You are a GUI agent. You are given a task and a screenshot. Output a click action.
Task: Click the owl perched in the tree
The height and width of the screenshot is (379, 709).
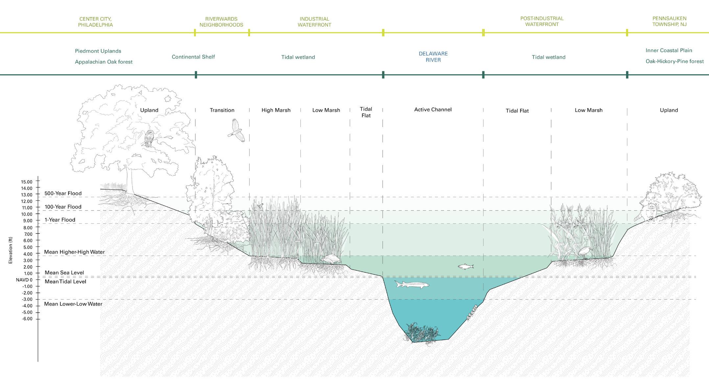(x=149, y=138)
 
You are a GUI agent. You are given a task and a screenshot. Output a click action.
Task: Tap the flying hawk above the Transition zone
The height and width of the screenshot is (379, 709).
(x=237, y=131)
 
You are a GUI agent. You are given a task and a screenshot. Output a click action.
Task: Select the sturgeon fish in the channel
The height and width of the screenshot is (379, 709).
(x=412, y=284)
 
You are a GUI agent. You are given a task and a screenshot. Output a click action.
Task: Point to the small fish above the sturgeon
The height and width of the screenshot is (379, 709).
(x=466, y=266)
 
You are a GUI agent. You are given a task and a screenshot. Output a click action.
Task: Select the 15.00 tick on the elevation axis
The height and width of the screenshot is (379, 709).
(x=27, y=182)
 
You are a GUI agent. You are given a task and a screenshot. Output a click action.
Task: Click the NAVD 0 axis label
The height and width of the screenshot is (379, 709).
(x=24, y=280)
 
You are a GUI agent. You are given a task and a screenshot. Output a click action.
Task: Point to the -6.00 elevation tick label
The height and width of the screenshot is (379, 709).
(x=27, y=319)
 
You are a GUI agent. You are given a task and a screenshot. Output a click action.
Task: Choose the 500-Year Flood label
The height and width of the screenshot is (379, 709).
(x=63, y=193)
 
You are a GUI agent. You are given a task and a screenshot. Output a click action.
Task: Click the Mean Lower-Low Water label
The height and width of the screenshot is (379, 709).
(x=73, y=304)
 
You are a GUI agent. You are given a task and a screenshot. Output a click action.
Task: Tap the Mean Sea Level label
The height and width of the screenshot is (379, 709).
(x=64, y=273)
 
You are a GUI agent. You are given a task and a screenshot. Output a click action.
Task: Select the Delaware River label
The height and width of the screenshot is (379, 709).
(x=433, y=57)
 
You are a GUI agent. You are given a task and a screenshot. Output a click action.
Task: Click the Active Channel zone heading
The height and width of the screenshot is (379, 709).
(x=433, y=110)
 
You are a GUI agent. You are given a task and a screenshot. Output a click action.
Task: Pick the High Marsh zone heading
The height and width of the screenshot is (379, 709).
(x=276, y=110)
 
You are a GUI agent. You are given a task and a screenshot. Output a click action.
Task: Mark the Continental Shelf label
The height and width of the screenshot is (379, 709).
(x=193, y=57)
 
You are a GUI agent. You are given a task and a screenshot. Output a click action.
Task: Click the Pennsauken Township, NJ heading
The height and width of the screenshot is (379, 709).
(x=669, y=21)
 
